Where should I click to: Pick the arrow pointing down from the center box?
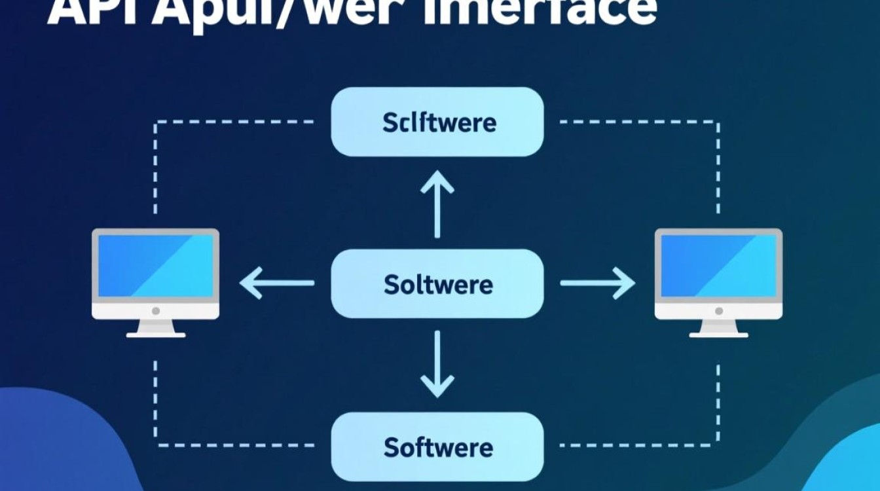(x=437, y=365)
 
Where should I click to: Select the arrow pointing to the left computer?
(x=276, y=283)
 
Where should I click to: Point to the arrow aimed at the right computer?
(x=598, y=283)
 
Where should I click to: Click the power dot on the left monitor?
(x=156, y=311)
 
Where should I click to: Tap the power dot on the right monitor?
(x=718, y=311)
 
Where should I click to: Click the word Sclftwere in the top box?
(x=439, y=122)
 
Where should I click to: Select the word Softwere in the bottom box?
(x=438, y=448)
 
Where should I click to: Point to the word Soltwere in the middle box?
(x=438, y=285)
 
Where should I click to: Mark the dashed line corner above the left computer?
(x=155, y=122)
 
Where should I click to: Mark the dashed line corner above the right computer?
(x=718, y=122)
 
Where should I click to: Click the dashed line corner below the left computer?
(x=155, y=446)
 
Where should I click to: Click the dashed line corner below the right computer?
(x=718, y=446)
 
